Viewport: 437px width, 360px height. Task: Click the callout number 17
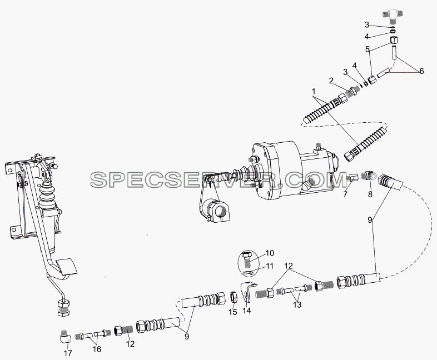(68, 353)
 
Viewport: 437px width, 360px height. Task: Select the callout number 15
(233, 312)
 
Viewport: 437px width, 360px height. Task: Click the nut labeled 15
(234, 297)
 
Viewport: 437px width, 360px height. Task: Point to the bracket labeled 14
(247, 292)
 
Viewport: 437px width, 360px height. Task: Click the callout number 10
(270, 253)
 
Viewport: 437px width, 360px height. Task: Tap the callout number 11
(270, 266)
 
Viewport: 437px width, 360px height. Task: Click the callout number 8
(370, 194)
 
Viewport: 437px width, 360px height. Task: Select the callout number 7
(346, 194)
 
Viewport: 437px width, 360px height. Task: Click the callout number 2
(331, 81)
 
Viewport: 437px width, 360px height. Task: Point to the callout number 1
(314, 91)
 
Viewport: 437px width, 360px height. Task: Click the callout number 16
(97, 349)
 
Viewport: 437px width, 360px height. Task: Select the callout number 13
(297, 304)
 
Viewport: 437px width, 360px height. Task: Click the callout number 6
(421, 71)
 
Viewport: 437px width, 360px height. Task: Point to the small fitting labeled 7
(352, 177)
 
